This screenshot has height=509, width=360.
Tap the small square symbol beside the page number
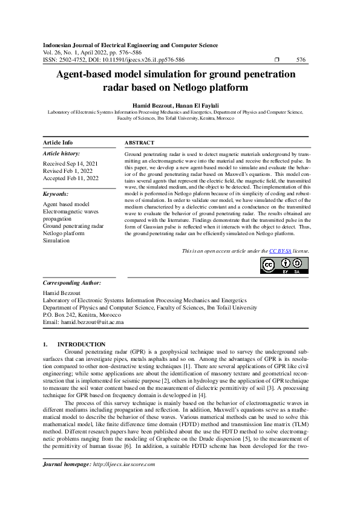[277, 60]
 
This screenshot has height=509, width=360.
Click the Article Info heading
[58, 143]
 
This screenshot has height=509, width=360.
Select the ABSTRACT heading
[139, 143]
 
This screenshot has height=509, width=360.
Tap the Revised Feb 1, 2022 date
[67, 171]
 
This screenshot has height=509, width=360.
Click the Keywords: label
[56, 194]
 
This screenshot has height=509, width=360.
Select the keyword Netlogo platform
[64, 233]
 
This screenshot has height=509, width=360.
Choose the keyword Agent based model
[66, 205]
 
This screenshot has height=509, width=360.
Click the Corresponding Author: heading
[71, 283]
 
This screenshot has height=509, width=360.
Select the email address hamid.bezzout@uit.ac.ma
[92, 322]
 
